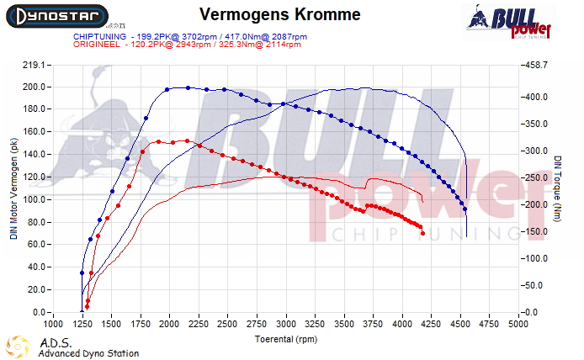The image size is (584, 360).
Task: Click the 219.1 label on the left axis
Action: [x=33, y=65]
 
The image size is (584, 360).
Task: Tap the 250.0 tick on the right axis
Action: [x=535, y=177]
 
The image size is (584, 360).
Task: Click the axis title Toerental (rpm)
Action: [x=285, y=338]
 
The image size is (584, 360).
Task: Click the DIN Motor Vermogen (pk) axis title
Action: [x=13, y=188]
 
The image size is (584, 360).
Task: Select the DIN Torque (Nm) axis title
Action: [x=558, y=188]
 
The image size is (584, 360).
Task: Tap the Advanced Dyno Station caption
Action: [x=88, y=353]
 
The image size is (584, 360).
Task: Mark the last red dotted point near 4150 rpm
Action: [x=422, y=233]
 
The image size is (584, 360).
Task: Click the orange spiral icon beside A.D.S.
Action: [x=18, y=347]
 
